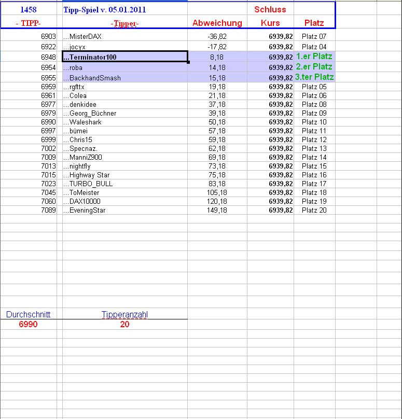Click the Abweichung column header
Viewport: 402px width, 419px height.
tap(217, 23)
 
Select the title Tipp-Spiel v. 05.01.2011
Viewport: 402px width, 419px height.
tap(104, 10)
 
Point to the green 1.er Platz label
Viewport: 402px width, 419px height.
tap(314, 56)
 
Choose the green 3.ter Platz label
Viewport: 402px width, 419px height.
tap(314, 77)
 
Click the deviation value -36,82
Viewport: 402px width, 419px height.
tap(217, 37)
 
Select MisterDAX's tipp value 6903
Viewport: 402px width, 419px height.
tap(48, 37)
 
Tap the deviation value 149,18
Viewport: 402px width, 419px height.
tap(216, 210)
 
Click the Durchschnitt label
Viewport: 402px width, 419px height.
tap(28, 314)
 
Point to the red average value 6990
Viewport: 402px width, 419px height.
tap(28, 324)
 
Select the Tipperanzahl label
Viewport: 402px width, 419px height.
tap(124, 314)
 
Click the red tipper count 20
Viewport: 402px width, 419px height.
tap(124, 324)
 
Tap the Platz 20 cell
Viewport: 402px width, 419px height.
tap(314, 210)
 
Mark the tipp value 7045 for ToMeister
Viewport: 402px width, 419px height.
tap(48, 192)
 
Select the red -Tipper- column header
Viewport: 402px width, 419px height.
tap(124, 23)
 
